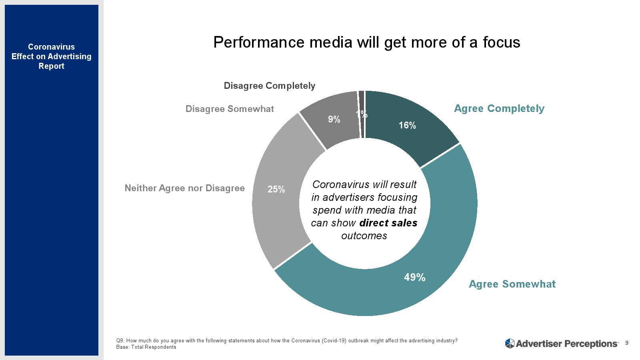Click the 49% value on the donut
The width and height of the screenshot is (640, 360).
point(414,277)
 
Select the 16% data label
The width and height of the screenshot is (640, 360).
point(407,125)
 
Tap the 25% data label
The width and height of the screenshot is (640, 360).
point(276,189)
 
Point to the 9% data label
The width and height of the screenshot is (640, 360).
point(334,119)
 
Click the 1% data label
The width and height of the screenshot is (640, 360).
point(362,114)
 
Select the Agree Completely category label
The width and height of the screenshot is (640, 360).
point(499,108)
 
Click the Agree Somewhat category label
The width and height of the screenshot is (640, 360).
point(512,284)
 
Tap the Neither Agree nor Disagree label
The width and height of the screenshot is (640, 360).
point(184,188)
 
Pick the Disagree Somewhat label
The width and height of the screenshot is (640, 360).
point(230,109)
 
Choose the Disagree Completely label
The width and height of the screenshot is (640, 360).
point(269,86)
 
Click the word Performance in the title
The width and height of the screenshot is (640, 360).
point(259,42)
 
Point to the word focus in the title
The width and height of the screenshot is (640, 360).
point(501,42)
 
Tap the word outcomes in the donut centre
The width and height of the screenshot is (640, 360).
point(364,236)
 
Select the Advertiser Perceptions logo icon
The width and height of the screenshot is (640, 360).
point(510,343)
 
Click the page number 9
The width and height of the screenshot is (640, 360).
point(627,343)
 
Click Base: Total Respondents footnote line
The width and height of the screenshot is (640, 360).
point(146,347)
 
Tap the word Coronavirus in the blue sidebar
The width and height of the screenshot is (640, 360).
point(51,47)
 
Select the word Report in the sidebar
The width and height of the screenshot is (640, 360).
point(51,66)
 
